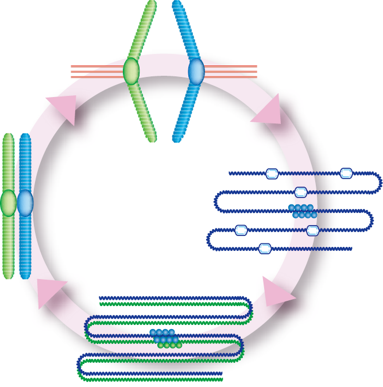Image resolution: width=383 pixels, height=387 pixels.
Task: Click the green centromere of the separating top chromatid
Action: tap(131, 71)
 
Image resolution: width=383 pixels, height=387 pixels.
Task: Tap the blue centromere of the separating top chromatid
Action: tap(196, 72)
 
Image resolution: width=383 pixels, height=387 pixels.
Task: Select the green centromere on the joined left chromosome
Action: tap(8, 203)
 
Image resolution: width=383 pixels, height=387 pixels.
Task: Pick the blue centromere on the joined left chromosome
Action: tap(25, 203)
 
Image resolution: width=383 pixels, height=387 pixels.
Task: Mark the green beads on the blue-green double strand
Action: tap(170, 345)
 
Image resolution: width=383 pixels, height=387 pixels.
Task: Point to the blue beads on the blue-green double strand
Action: tap(164, 336)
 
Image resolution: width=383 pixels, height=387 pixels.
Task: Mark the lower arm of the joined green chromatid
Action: tap(8, 247)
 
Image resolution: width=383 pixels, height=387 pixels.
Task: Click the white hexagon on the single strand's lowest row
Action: tap(265, 249)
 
